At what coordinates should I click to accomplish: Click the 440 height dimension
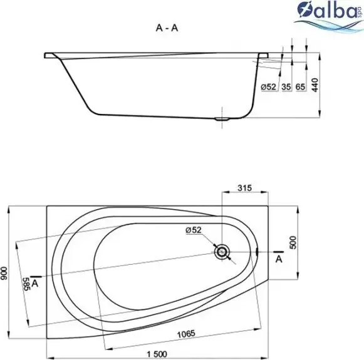click(317, 87)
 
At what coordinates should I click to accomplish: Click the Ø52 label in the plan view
click(193, 230)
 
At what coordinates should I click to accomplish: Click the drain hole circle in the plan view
click(222, 252)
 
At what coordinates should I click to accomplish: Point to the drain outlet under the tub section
click(222, 118)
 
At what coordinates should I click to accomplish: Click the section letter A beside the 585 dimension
click(37, 283)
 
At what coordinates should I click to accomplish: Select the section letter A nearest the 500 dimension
click(278, 258)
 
